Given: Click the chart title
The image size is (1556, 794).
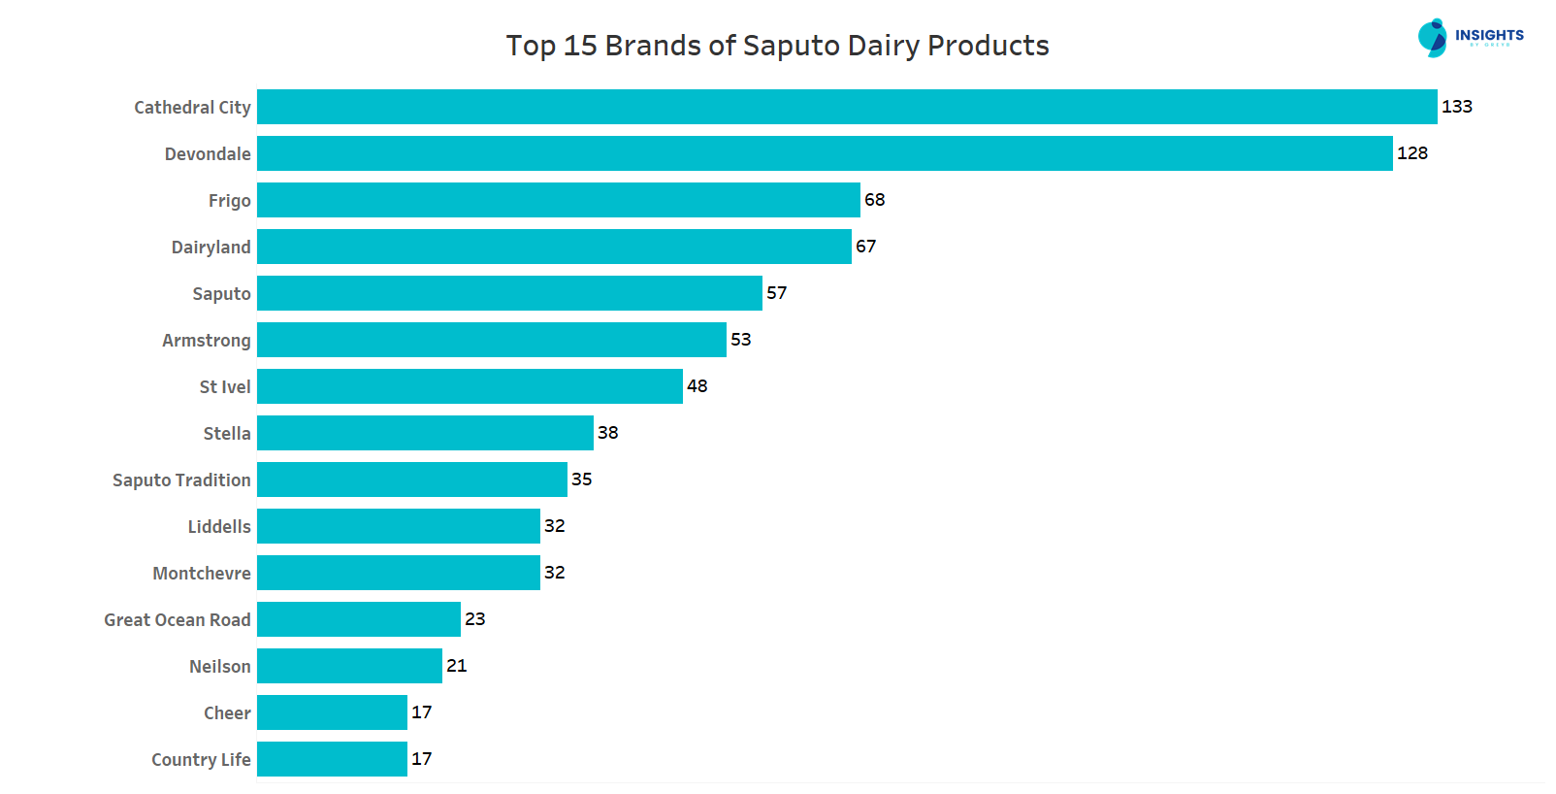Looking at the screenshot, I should pos(777,46).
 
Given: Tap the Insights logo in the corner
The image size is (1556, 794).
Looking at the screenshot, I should pos(1470,38).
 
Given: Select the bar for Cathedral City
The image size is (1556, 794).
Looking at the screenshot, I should pos(846,107).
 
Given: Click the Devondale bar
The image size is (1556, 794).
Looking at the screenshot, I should pos(825,153).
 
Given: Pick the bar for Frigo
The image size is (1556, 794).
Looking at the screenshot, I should pos(558,200).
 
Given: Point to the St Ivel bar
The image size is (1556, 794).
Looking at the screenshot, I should pos(470,386).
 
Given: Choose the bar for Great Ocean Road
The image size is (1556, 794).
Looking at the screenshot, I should pos(358,619).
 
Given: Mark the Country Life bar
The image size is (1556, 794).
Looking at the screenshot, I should pos(332,759).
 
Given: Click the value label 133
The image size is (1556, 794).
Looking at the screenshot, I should pos(1456,107).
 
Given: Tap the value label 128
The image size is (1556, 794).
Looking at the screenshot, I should pos(1411,153).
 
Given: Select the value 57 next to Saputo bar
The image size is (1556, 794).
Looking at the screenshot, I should pos(776,293).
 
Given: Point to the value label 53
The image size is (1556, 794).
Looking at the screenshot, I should pos(740,340).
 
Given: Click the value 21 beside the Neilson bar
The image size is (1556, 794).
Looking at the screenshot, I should pos(456,666).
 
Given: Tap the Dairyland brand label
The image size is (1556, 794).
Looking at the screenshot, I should pos(211,248).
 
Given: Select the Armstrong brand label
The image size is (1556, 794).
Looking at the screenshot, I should pos(206,341).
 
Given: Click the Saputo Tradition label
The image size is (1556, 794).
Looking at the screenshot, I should pos(181,480).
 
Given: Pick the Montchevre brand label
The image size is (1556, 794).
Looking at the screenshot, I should pos(201,574).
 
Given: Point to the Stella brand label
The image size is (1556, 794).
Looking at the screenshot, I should pos(226,434).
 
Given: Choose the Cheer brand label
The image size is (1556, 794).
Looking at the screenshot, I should pos(227,713).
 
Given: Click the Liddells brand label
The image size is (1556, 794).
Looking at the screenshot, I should pos(218,527).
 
